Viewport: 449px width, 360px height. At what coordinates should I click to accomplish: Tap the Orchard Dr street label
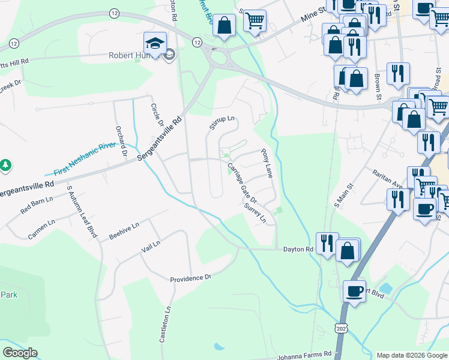click(x=122, y=142)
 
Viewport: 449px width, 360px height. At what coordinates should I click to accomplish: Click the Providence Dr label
click(x=191, y=278)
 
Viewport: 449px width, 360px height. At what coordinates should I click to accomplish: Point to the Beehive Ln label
click(x=124, y=232)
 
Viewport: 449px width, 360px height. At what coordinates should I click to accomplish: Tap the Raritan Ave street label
click(x=388, y=178)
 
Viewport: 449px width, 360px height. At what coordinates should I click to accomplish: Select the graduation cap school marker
click(x=154, y=43)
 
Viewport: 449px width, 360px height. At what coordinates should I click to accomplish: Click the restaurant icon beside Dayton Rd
click(x=327, y=243)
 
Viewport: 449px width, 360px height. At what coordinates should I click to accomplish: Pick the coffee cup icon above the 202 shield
click(x=354, y=291)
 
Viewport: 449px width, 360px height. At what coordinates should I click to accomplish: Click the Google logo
click(x=20, y=353)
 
